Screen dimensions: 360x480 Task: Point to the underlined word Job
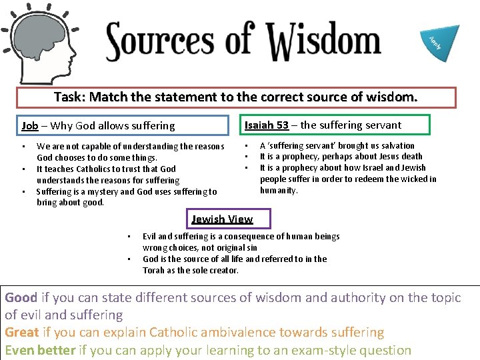point(30,125)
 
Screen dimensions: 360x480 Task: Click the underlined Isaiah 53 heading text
point(267,125)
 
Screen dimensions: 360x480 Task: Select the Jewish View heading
point(222,219)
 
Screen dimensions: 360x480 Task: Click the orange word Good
point(21,297)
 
